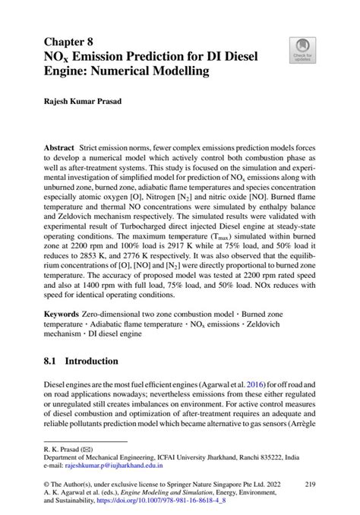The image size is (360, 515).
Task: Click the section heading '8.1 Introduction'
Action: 81,361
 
